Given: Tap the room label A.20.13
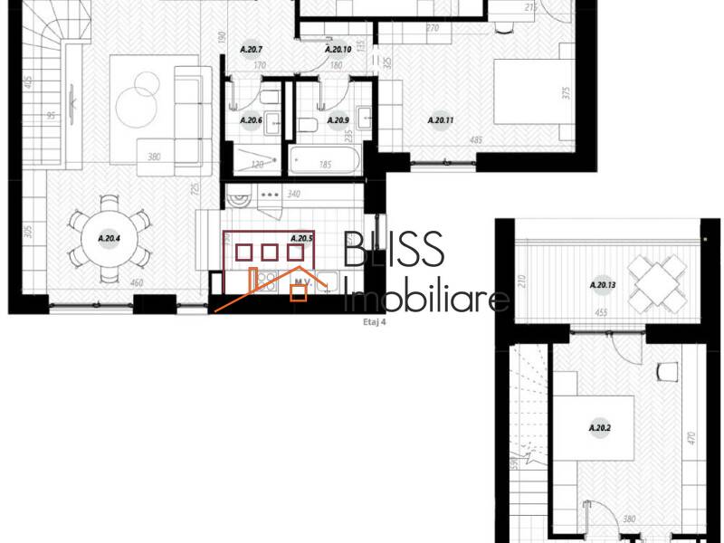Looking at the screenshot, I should pos(601,286).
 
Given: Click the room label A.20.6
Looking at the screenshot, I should pos(251,119).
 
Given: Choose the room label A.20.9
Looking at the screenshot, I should pos(338,119).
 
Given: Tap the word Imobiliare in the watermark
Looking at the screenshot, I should pos(429,296).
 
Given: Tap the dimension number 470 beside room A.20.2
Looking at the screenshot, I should pos(691,440).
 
